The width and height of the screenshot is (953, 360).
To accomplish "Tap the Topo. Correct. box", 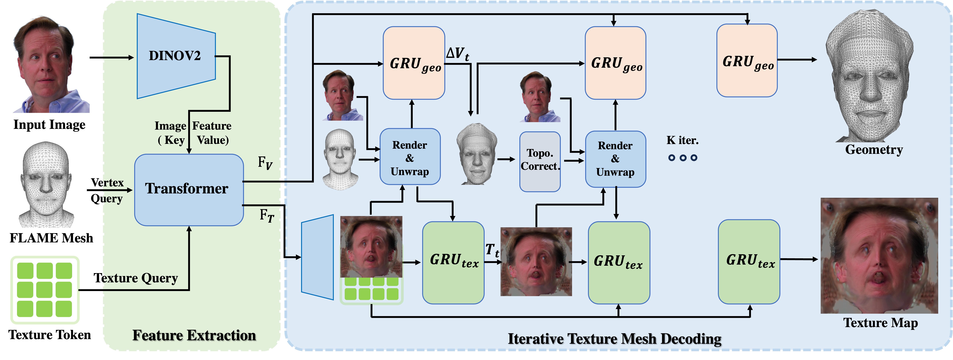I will point(540,161).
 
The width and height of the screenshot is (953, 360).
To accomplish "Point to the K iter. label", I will point(683,141).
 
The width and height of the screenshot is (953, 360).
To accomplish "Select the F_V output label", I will point(265,163).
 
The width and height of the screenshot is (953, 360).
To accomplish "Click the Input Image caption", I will point(49,125).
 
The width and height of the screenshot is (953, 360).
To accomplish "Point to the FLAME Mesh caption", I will point(51,238).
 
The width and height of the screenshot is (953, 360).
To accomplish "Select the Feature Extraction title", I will point(194,335).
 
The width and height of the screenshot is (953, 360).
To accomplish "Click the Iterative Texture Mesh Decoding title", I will point(614,339).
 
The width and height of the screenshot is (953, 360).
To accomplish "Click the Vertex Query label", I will point(107,191).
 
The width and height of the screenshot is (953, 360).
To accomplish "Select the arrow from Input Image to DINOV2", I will point(111,58).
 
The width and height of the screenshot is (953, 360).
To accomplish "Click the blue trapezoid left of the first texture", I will point(317,257).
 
